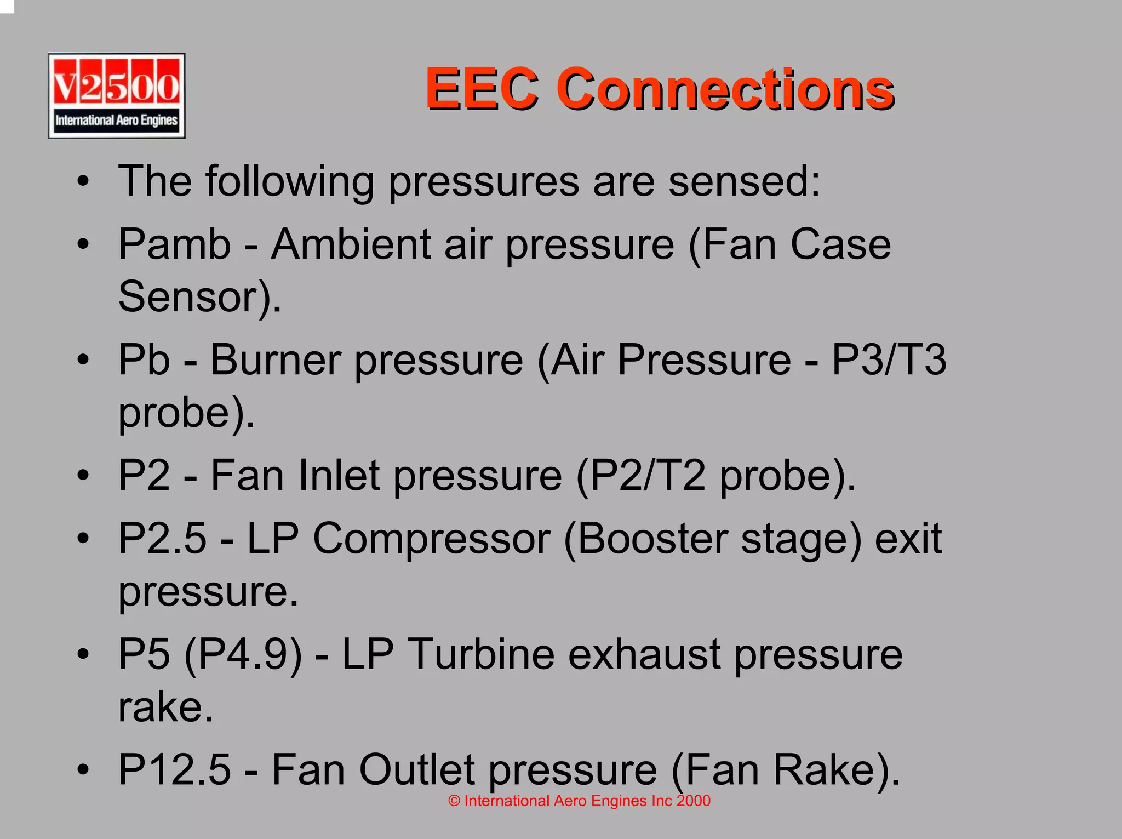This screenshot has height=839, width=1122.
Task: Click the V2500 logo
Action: click(116, 96)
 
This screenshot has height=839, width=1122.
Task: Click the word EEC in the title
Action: click(482, 89)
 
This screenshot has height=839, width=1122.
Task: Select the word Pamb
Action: click(174, 244)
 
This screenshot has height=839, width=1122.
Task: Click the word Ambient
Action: click(351, 244)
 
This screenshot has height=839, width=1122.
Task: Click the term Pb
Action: click(144, 360)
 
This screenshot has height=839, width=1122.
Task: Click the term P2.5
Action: click(163, 539)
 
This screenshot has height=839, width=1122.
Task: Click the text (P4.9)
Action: click(243, 655)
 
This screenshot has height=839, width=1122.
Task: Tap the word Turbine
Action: click(481, 654)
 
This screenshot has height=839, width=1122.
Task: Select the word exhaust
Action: click(644, 654)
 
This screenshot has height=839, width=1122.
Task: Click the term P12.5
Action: click(174, 770)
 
